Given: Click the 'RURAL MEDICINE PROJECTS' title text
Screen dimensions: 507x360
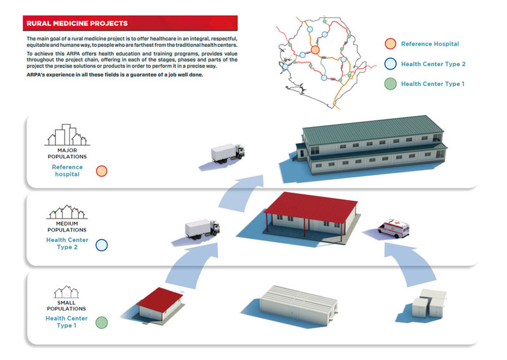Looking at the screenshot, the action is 77,23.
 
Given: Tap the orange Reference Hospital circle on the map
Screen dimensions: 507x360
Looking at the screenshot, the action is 315,50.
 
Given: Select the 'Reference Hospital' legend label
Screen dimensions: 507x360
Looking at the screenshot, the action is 430,44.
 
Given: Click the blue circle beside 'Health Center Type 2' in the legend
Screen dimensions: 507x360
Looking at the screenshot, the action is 390,64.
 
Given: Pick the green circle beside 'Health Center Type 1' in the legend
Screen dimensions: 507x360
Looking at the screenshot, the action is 390,84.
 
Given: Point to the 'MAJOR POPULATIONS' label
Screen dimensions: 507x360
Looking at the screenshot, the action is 67,153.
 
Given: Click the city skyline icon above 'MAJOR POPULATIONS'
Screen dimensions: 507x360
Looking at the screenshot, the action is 67,135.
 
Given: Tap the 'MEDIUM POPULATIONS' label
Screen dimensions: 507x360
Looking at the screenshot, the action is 67,227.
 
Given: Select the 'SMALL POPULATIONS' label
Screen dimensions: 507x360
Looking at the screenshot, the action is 67,305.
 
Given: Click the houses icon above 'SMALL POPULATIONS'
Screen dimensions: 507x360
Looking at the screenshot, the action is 67,292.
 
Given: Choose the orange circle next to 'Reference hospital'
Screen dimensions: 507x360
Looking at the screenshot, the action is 101,171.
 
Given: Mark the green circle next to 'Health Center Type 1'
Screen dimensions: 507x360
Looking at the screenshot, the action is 101,323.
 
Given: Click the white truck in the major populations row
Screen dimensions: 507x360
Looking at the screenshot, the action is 228,153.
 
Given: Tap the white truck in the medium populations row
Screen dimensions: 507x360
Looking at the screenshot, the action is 202,229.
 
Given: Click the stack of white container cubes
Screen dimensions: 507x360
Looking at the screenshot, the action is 430,304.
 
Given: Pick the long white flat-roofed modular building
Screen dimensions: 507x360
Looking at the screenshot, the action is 298,305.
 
